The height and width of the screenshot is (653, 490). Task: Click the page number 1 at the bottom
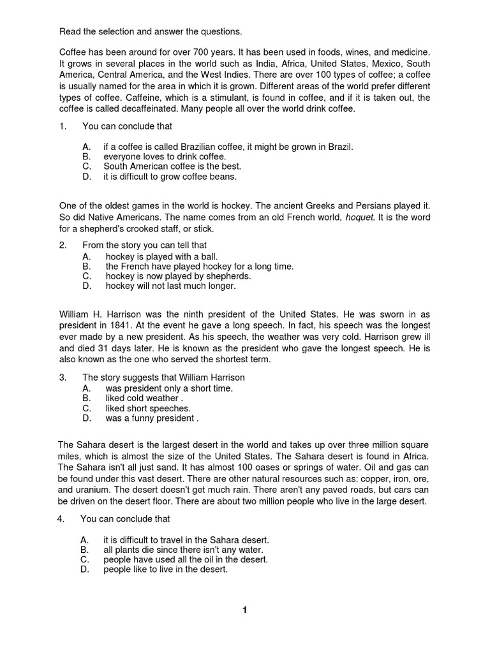point(244,610)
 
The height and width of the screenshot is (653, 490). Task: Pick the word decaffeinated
point(150,109)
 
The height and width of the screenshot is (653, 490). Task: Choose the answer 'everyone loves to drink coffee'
point(165,157)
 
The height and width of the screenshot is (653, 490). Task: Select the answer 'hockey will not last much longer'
point(170,286)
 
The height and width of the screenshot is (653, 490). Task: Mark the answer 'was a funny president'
point(152,418)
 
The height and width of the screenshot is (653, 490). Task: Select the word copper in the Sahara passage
point(358,479)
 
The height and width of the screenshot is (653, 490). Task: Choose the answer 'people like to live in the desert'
point(165,569)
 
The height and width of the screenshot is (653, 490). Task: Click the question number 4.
point(60,519)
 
